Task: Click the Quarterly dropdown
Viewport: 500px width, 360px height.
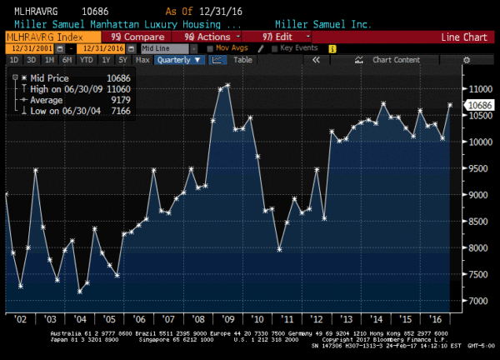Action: click(180, 60)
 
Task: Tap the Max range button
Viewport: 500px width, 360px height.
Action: click(142, 60)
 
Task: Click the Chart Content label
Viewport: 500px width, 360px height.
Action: click(396, 60)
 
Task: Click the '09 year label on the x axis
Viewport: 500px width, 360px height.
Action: click(227, 319)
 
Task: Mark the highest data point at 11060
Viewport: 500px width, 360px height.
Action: click(227, 85)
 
